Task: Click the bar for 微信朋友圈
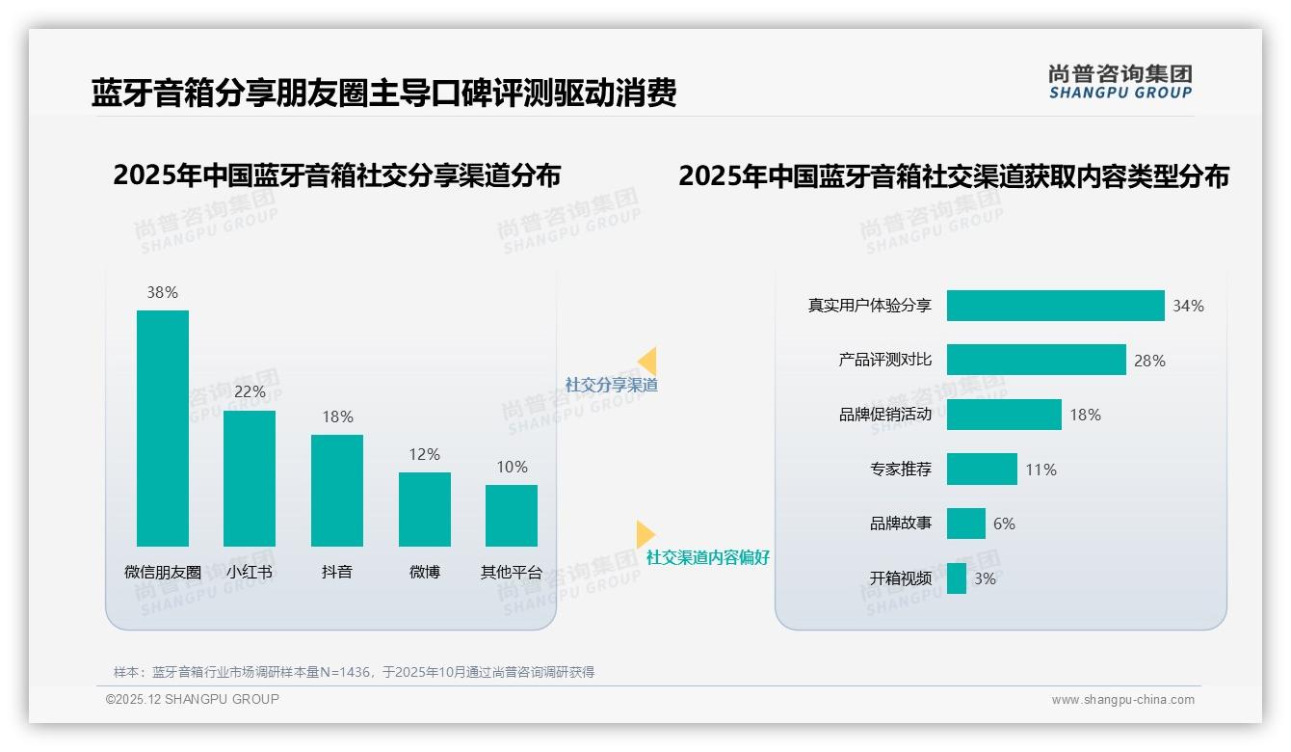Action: (163, 428)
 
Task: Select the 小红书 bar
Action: (250, 478)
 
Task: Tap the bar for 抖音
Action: (337, 491)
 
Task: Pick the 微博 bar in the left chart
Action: (425, 509)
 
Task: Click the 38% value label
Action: (162, 292)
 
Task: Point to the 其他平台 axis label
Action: (512, 572)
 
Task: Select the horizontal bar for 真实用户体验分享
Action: (1055, 306)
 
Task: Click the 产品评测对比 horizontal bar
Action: (1036, 360)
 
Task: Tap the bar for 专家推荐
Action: (982, 470)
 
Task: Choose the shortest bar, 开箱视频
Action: (957, 578)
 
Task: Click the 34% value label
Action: (1188, 306)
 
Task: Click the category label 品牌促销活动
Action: (885, 415)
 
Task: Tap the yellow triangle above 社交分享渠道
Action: (647, 361)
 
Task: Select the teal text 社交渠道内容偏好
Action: (708, 557)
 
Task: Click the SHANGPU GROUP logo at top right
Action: (1120, 82)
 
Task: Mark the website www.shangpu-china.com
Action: (1122, 700)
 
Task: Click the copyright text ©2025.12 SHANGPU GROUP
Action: (193, 699)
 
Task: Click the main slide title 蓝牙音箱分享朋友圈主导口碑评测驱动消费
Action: (383, 93)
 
